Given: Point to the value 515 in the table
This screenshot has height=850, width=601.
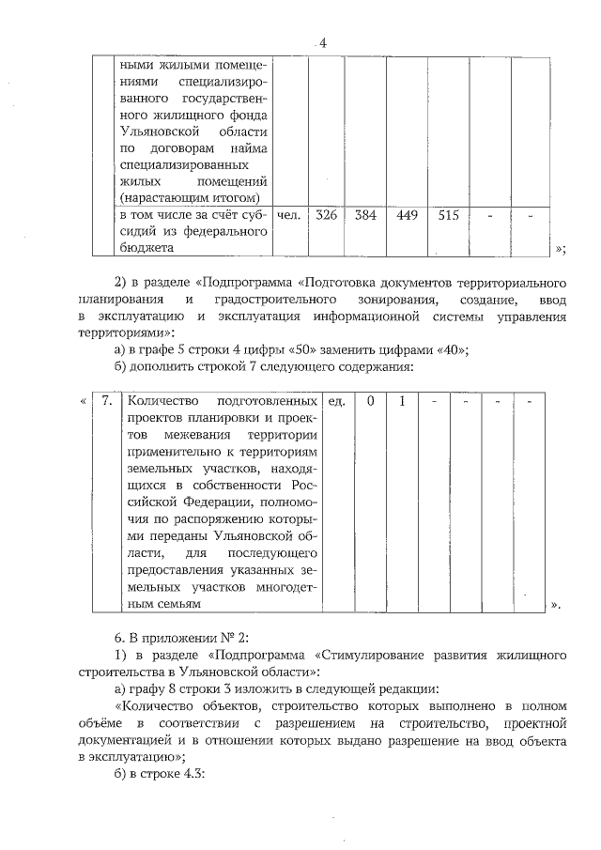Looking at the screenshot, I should pyautogui.click(x=448, y=215).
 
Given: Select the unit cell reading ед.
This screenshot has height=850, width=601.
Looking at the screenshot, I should pyautogui.click(x=336, y=401).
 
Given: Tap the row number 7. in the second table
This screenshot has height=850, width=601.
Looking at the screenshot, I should pyautogui.click(x=107, y=401).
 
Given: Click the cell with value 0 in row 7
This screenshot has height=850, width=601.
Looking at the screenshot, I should pyautogui.click(x=371, y=401).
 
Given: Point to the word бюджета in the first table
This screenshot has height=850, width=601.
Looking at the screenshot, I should pyautogui.click(x=146, y=248).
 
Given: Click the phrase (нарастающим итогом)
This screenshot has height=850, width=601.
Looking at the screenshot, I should pyautogui.click(x=188, y=197).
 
